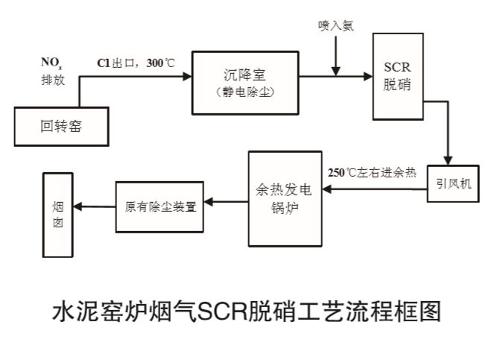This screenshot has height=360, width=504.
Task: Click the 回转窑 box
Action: pos(62,126)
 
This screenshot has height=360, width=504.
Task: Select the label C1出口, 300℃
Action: pos(135,63)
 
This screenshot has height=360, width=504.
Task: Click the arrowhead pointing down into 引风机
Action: pos(448,160)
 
